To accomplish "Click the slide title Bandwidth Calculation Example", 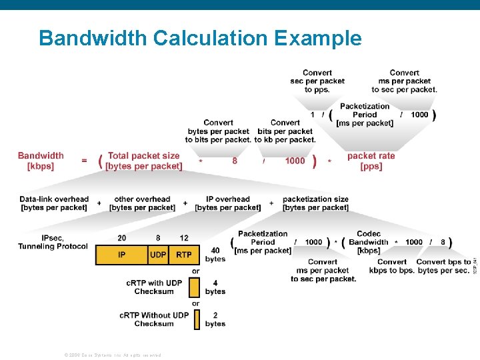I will click(200, 38).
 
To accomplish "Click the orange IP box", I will click(121, 255).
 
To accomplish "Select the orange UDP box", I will click(158, 255).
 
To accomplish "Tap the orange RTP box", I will click(184, 255).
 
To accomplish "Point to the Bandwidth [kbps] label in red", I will click(41, 161).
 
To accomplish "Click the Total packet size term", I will click(144, 161).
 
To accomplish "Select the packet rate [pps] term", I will click(371, 161).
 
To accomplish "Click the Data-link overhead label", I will click(54, 203).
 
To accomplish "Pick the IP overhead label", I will click(227, 203).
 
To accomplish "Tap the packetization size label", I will click(315, 203).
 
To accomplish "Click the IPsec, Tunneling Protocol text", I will click(53, 242).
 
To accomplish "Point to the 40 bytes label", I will click(215, 254).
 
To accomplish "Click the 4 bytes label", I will click(215, 287).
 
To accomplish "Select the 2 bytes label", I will click(215, 319).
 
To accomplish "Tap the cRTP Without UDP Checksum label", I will click(154, 319).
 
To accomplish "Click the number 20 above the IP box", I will click(121, 238).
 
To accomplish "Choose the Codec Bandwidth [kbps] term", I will click(369, 242).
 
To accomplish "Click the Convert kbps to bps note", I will click(392, 266).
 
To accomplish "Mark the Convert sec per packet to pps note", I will click(317, 81).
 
